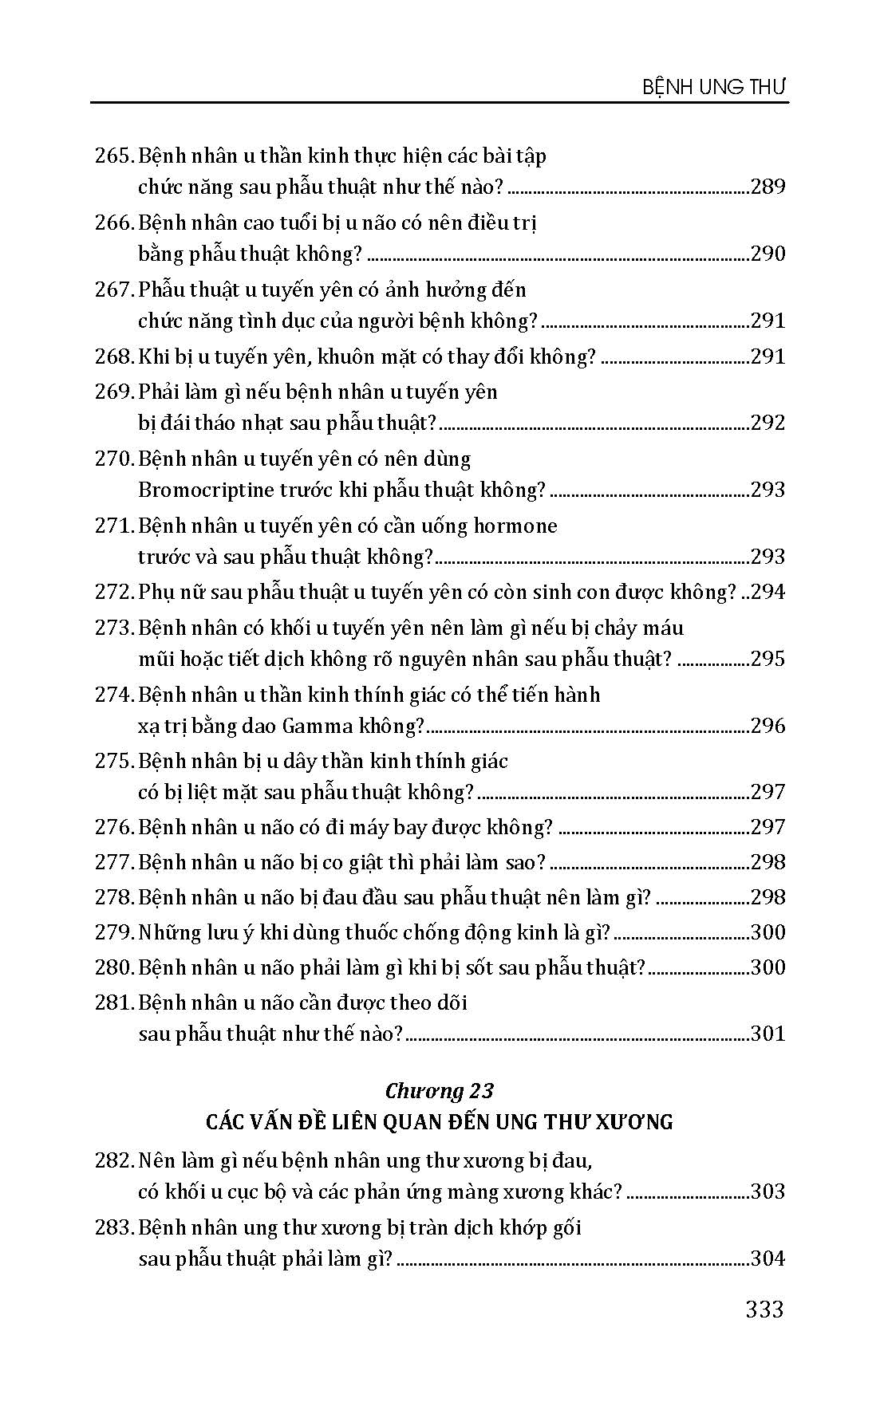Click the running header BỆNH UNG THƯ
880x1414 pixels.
715,86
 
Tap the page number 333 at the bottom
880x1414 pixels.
764,1309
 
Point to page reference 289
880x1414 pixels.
768,187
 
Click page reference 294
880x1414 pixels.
768,592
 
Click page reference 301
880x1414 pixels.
768,1034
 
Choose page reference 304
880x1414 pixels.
768,1259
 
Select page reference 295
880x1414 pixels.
768,659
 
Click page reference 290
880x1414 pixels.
768,254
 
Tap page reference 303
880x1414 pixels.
768,1191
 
